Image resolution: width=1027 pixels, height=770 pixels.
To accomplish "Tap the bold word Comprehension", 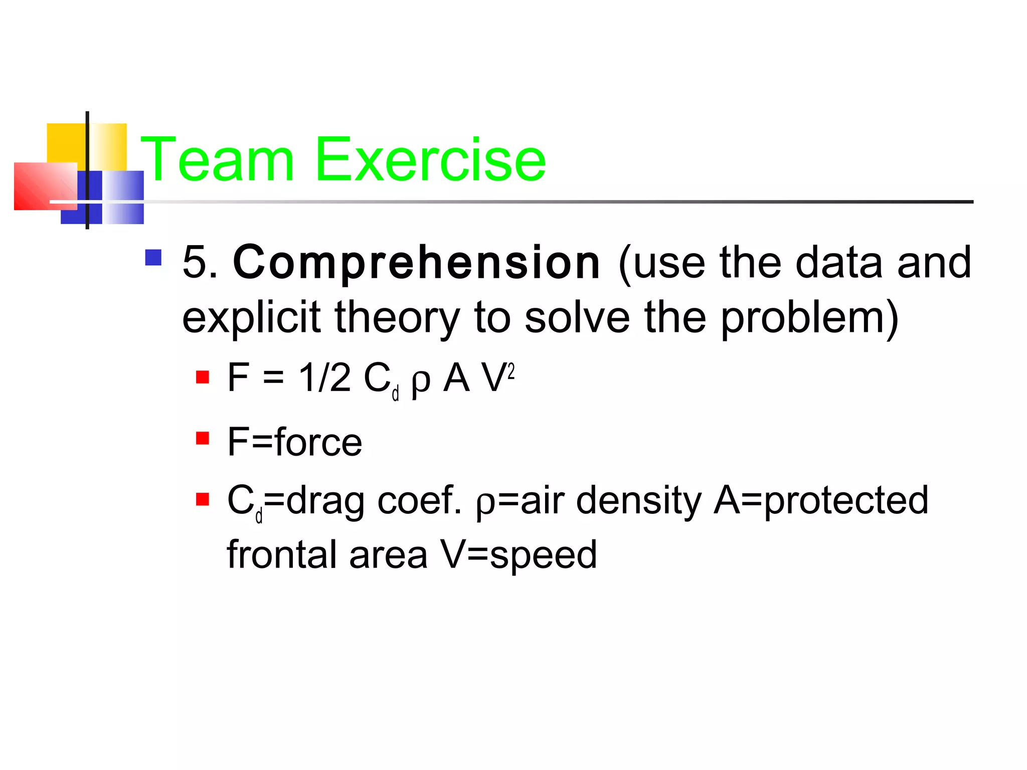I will point(416,263).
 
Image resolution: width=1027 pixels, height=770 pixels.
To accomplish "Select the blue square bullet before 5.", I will point(153,258).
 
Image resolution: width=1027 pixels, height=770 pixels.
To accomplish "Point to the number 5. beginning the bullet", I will point(200,263).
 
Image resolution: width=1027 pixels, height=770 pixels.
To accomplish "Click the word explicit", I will point(251,318).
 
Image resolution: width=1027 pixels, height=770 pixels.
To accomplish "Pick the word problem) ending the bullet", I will point(809,318).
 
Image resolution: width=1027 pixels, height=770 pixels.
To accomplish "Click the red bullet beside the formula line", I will point(203,377).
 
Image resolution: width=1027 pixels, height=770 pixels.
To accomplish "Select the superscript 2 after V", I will point(510,372).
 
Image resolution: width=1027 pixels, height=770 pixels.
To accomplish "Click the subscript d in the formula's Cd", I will point(395,394).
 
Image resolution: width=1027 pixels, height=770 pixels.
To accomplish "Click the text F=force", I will point(294,442).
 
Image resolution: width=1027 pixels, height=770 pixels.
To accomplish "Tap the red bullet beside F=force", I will point(203,439).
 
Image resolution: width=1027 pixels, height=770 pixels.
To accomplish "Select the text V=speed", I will point(519,555).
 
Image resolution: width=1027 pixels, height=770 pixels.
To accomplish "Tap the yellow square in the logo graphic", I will point(66,143).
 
